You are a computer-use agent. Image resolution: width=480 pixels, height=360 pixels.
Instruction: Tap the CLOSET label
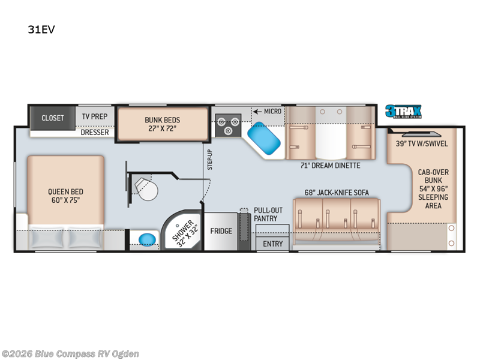point(53,118)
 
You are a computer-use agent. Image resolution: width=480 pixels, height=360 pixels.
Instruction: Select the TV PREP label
point(95,118)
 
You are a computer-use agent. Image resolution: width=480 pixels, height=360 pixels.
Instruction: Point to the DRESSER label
point(95,132)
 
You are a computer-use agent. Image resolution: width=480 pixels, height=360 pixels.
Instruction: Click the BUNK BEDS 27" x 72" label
point(162,124)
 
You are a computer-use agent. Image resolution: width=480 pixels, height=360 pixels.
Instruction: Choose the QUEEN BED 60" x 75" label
point(64,196)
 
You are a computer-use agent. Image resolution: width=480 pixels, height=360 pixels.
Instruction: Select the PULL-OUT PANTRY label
point(265,214)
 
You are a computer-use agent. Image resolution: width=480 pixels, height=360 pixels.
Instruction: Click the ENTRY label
point(272,244)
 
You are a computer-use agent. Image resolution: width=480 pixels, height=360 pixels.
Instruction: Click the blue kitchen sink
point(265,137)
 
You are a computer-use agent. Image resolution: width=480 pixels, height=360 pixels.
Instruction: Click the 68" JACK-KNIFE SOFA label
point(334,192)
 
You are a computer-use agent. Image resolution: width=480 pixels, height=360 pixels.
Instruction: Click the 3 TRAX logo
point(403,112)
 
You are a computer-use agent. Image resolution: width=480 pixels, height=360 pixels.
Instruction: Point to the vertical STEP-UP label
point(210,159)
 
